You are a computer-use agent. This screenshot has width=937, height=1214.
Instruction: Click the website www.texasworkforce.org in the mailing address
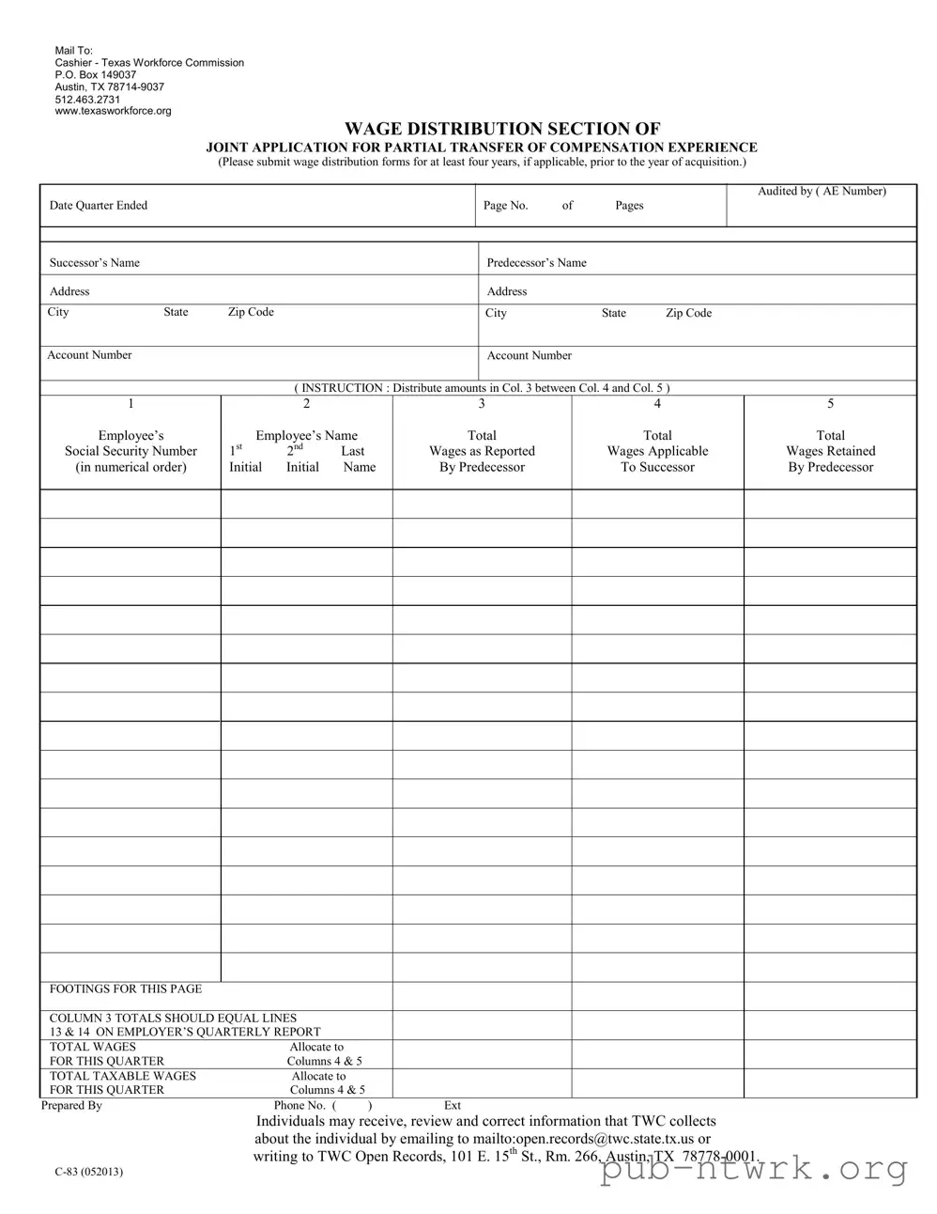[113, 111]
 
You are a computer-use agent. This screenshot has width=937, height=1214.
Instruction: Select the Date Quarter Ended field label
[99, 206]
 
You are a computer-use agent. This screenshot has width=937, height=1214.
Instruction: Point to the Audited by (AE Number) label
[822, 192]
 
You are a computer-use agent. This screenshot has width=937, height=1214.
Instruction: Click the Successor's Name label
[94, 263]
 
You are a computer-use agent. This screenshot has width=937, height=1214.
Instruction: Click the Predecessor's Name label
[536, 263]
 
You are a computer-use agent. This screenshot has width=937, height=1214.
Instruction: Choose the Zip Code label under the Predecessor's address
[688, 313]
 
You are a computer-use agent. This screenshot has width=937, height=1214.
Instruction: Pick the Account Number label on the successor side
[89, 355]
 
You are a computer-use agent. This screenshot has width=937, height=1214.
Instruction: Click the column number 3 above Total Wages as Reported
[482, 404]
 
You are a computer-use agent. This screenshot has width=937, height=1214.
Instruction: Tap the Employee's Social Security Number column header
[131, 451]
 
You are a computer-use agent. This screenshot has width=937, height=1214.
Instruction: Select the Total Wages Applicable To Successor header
[657, 451]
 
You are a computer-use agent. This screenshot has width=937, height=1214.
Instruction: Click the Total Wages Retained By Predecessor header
[830, 451]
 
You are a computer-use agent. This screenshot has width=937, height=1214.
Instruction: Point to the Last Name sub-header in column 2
[357, 459]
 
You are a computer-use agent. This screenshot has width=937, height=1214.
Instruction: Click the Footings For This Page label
[125, 988]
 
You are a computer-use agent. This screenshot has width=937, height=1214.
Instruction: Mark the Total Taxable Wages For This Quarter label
[122, 1082]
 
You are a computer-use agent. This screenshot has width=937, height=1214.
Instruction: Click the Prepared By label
[71, 1106]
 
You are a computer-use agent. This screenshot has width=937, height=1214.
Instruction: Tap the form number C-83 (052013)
[88, 1172]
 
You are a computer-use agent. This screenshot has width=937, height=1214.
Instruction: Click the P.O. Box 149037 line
[95, 74]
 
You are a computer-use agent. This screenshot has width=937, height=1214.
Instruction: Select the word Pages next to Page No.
[629, 206]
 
